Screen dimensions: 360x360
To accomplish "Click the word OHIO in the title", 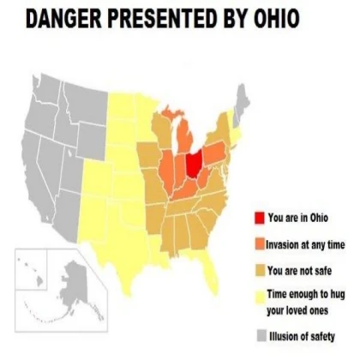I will (270, 18).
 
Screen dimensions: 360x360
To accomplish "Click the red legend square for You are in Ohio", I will (259, 218).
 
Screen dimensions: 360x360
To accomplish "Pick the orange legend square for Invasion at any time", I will (259, 243).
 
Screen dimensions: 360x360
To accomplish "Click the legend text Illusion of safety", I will (301, 335).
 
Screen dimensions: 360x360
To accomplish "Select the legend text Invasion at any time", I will (307, 243).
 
